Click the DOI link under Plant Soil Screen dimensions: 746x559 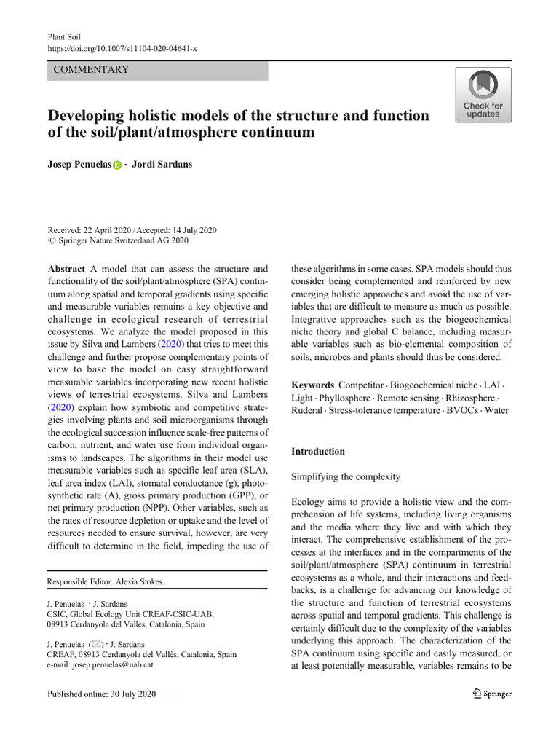pyautogui.click(x=122, y=47)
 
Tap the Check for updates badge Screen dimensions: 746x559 pyautogui.click(x=483, y=95)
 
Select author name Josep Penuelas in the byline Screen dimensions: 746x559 pyautogui.click(x=79, y=165)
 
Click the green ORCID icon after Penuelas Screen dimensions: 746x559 pyautogui.click(x=117, y=166)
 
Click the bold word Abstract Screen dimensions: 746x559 pyautogui.click(x=67, y=268)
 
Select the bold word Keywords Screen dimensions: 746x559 pyautogui.click(x=313, y=384)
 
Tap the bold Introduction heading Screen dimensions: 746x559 pyautogui.click(x=318, y=451)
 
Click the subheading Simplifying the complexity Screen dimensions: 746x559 pyautogui.click(x=346, y=476)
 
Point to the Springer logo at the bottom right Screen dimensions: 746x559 pyautogui.click(x=492, y=694)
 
